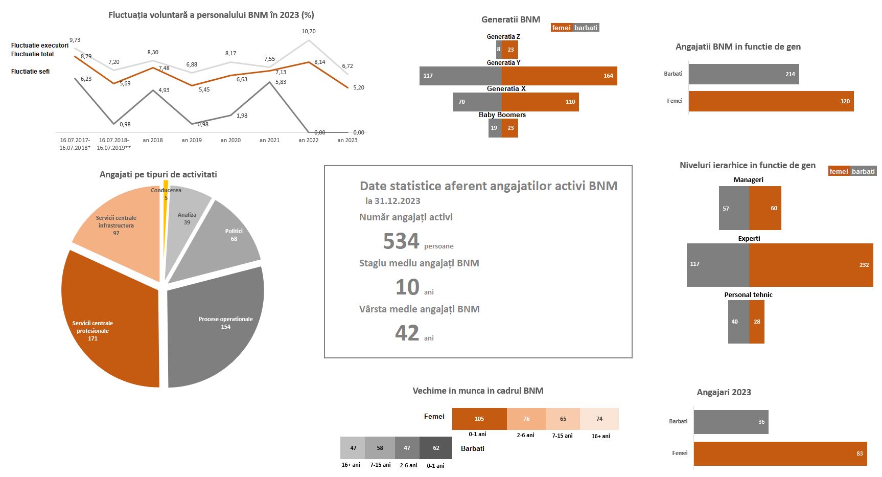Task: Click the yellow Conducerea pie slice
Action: point(166,189)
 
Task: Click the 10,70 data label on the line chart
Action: point(309,31)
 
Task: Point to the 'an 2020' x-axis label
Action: point(230,140)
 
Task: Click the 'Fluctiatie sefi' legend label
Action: point(30,72)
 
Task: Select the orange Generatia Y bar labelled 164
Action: point(560,76)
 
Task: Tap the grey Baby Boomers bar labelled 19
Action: point(495,128)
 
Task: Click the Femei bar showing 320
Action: point(771,101)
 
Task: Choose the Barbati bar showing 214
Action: point(744,74)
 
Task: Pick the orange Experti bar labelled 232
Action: point(811,265)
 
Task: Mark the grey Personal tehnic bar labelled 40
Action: point(738,322)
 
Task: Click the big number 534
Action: point(401,241)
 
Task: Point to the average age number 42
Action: point(407,333)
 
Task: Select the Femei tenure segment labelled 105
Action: point(479,419)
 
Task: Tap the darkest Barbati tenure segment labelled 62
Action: point(436,448)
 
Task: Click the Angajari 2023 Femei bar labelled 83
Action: point(780,453)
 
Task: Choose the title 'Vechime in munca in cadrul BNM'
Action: point(478,391)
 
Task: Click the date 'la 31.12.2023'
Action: point(393,201)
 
